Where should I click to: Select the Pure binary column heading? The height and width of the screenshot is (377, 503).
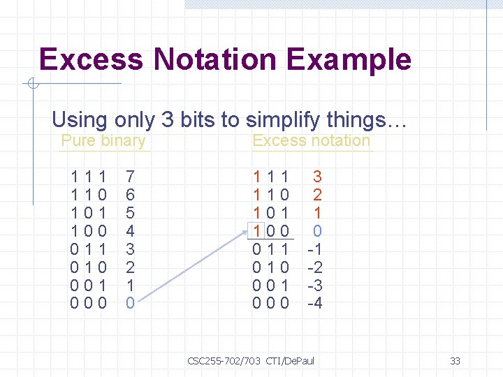103,140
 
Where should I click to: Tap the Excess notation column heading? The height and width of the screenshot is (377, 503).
311,140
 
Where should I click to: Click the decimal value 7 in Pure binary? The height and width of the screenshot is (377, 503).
130,177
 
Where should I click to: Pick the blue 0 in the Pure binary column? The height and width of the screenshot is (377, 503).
130,303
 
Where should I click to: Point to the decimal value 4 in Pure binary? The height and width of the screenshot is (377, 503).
130,230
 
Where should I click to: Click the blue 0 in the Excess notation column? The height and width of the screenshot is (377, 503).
317,230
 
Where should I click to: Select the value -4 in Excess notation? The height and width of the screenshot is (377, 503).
314,303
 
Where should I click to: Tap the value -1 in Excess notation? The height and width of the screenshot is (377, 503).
314,249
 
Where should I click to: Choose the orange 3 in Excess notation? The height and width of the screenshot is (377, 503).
317,177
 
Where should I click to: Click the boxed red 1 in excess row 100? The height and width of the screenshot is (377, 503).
257,230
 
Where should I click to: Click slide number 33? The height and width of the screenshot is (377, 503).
455,361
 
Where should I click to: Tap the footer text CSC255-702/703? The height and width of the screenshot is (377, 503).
224,361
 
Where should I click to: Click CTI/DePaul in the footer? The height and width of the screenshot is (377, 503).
291,361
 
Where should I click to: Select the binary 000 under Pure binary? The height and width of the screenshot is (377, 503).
88,303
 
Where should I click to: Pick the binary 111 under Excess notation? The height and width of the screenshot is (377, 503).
270,177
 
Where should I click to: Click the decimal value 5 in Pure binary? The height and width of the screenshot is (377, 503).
130,212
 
